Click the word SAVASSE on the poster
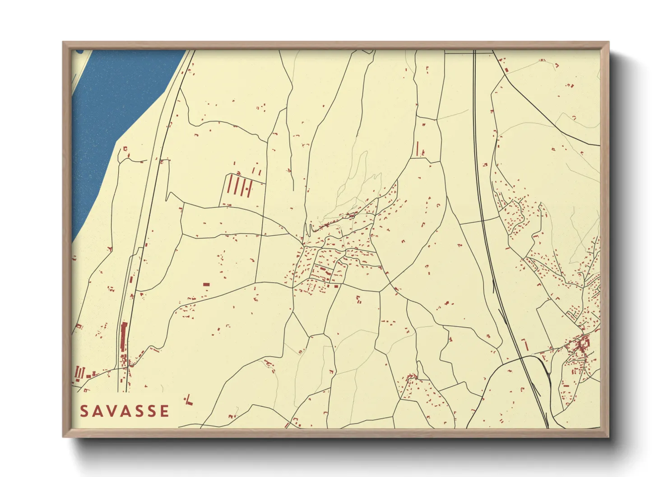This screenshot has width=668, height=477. pyautogui.click(x=125, y=411)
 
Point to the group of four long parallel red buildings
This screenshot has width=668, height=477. pyautogui.click(x=239, y=185)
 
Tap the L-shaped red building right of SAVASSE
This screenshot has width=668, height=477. pyautogui.click(x=189, y=400)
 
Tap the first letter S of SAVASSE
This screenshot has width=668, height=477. pyautogui.click(x=84, y=411)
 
